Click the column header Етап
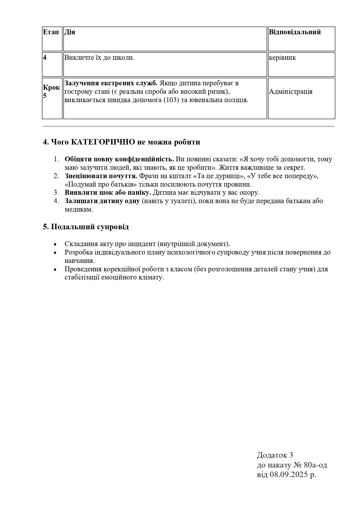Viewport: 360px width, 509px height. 52,32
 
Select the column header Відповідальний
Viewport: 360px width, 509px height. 295,32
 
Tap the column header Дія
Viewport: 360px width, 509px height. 70,32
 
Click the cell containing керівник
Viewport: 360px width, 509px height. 282,57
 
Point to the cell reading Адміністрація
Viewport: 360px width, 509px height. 291,92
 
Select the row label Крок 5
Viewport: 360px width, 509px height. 51,91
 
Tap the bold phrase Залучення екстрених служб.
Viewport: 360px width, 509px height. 111,83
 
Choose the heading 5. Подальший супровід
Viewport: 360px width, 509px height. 86,227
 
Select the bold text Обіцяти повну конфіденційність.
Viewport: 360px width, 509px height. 119,159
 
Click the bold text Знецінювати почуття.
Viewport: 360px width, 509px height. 101,176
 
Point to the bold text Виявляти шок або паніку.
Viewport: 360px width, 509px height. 108,193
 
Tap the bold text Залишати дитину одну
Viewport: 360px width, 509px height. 102,201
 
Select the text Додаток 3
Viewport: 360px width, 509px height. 275,455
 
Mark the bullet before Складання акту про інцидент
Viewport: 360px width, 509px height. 55,244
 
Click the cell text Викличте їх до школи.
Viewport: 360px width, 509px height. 99,57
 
